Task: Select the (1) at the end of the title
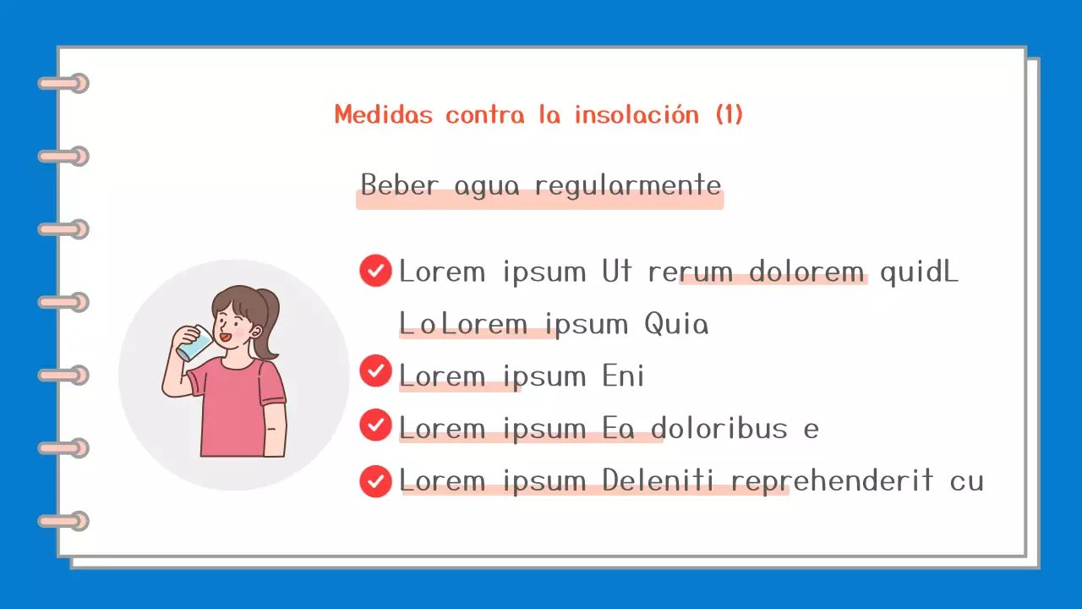click(729, 114)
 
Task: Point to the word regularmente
click(628, 184)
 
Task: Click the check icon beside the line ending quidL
click(375, 271)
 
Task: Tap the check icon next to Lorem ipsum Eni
click(375, 371)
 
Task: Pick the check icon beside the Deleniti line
click(375, 480)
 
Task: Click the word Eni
click(624, 376)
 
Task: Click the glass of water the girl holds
click(195, 343)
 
